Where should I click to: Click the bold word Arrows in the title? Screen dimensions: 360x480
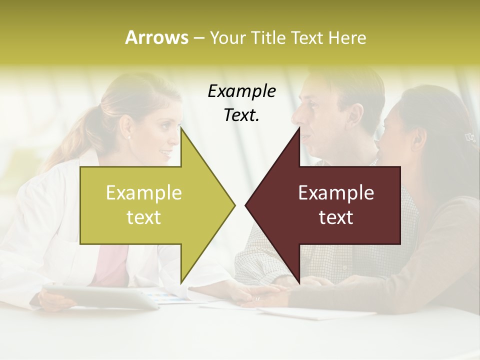[156, 37]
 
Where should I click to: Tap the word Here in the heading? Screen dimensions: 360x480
[347, 37]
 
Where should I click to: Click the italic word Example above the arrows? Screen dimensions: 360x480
[241, 91]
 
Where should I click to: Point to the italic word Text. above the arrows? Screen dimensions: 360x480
[241, 115]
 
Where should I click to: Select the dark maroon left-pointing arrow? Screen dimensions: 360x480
[330, 205]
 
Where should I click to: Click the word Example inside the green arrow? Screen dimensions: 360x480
[144, 193]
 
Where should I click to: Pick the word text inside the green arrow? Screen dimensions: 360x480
[144, 217]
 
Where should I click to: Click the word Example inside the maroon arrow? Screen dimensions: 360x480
[336, 193]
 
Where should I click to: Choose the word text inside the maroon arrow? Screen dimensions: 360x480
[336, 217]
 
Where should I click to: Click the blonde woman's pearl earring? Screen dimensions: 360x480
[129, 137]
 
